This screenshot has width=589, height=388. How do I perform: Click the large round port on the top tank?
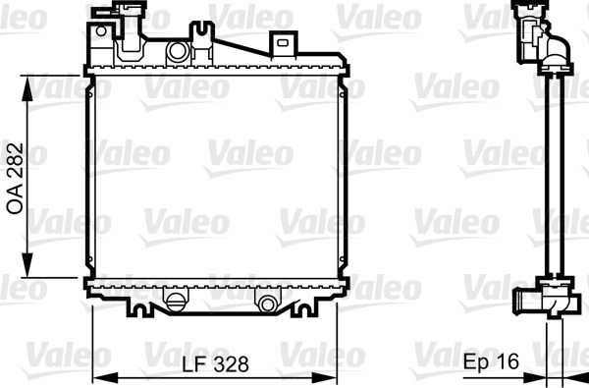click(178, 51)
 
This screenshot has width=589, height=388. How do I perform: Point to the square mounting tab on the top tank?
click(284, 43)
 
